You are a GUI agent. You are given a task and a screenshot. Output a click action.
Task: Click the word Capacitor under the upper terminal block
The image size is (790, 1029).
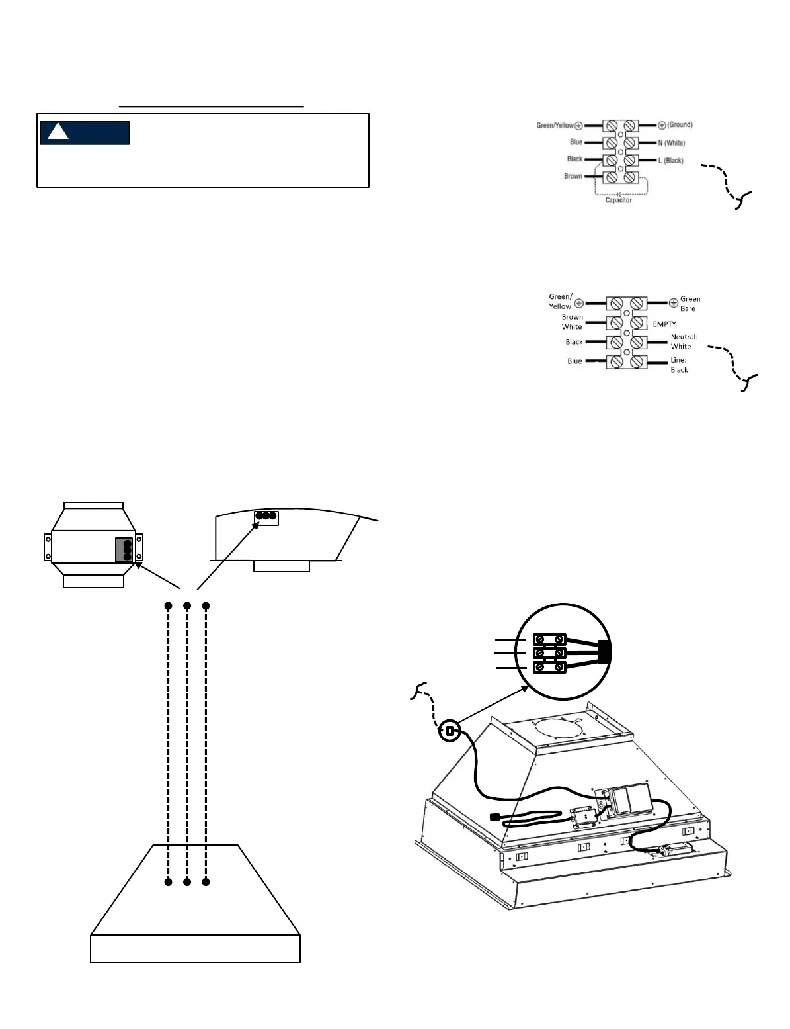coord(619,200)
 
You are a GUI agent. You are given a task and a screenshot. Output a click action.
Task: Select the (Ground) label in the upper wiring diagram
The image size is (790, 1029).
coord(680,125)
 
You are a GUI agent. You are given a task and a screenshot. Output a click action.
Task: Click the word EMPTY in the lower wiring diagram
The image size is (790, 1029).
coord(664,324)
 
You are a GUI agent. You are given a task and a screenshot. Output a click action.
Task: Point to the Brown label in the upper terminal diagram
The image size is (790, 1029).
coord(573,176)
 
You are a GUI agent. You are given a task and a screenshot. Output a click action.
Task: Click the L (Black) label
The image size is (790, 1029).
coord(670,161)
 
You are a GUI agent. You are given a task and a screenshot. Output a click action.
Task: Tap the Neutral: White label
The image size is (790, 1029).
coord(684,341)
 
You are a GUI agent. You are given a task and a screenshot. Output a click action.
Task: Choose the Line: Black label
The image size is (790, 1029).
coord(679,365)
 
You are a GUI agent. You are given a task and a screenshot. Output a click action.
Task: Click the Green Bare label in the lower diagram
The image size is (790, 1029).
coord(690,304)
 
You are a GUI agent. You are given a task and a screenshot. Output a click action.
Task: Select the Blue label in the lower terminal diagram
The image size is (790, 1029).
coord(574,361)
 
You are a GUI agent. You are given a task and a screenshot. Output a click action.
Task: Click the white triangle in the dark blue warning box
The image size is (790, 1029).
coord(58,132)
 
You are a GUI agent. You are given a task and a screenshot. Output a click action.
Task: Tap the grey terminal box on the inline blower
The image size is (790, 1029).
coord(124,550)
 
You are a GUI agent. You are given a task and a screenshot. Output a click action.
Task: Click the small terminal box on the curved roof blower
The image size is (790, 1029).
coord(266,517)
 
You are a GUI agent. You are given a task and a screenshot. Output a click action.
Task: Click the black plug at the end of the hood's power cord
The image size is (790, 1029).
coord(493,817)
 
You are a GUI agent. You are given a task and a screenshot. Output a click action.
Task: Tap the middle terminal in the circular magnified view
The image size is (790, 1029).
coord(549,653)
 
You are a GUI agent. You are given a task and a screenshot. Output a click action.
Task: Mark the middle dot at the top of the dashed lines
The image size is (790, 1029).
coord(187,605)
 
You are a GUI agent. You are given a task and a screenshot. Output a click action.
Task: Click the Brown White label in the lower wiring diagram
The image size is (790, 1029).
coord(572,322)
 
